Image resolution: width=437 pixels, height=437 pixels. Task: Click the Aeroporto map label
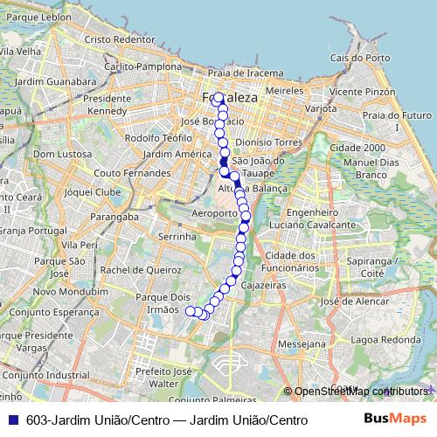coord(213,213)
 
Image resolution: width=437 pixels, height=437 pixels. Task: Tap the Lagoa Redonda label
coord(377,339)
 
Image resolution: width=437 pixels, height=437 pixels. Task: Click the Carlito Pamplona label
coord(142,66)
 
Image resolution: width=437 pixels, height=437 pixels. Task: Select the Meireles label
coord(284,90)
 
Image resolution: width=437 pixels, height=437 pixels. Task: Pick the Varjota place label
coord(322,108)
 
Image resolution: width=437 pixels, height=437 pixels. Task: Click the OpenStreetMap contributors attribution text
coord(360,391)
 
